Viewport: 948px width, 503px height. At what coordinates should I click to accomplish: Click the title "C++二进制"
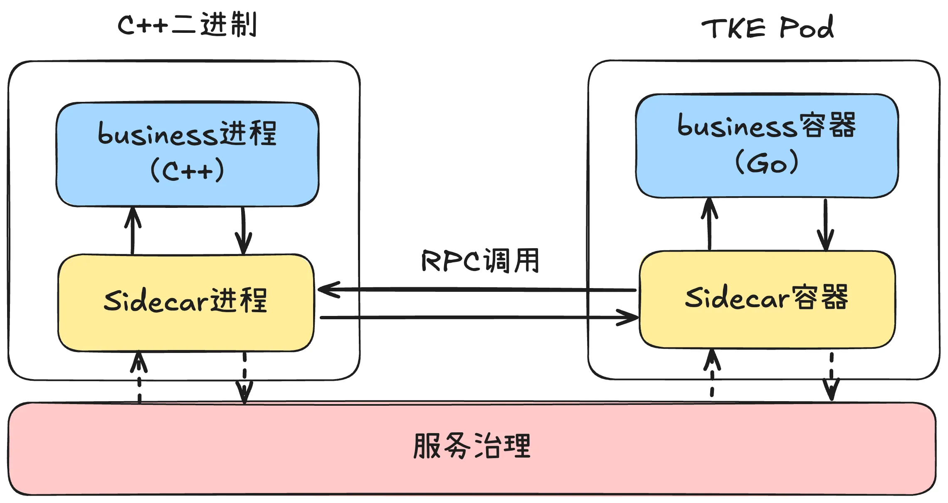[187, 25]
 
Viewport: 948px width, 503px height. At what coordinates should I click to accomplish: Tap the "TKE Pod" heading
[768, 27]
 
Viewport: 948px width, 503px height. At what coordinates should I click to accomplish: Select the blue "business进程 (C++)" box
[188, 154]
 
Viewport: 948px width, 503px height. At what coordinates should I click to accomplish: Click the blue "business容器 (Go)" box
[767, 146]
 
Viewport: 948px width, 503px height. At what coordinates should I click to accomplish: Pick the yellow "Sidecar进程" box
[186, 303]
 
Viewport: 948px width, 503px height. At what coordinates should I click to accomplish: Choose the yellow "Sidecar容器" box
[767, 299]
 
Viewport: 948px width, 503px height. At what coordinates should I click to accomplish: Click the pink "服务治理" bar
[472, 449]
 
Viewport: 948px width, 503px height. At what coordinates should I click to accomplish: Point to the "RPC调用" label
[481, 261]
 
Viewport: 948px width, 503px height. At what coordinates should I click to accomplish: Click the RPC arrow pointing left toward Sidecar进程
[477, 289]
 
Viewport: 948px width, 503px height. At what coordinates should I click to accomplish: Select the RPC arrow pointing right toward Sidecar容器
[479, 318]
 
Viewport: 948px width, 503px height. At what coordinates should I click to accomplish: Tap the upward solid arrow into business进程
[133, 231]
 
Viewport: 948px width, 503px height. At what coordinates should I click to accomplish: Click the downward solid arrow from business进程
[243, 231]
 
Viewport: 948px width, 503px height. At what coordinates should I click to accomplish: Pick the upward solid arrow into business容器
[709, 224]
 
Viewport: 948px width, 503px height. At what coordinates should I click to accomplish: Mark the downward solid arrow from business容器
[825, 225]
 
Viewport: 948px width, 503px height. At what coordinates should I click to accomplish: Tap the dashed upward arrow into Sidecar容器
[712, 373]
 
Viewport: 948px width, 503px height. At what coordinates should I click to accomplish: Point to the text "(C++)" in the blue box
[187, 170]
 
